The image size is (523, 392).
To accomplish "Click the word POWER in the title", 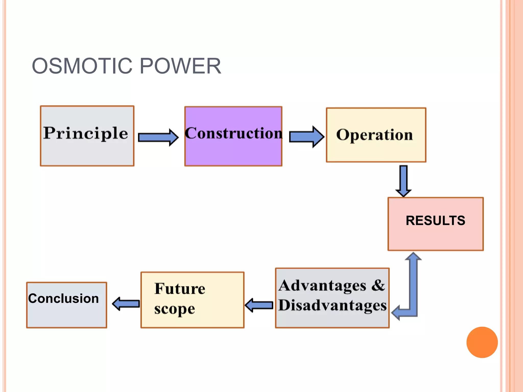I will [x=180, y=66].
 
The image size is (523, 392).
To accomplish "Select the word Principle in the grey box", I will [x=86, y=133].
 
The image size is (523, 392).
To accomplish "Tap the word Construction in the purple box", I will [x=233, y=133].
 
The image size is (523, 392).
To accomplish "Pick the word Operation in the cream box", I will [x=374, y=135].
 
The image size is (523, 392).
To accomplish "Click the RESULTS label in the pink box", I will [x=435, y=220].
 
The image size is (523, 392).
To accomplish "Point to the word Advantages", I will [x=323, y=286].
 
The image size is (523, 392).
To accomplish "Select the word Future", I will [x=180, y=289].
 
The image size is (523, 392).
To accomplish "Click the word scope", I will [x=175, y=309].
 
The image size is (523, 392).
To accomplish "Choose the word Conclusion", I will [x=64, y=298].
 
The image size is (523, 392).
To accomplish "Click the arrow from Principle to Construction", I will [x=158, y=137].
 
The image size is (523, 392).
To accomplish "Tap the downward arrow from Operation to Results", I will [x=403, y=181].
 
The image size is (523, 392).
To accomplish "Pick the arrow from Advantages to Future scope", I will [x=259, y=305].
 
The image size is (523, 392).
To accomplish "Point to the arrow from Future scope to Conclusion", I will [x=126, y=304].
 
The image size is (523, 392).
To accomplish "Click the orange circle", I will [x=482, y=342].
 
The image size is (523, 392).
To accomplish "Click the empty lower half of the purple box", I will [x=233, y=153].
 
